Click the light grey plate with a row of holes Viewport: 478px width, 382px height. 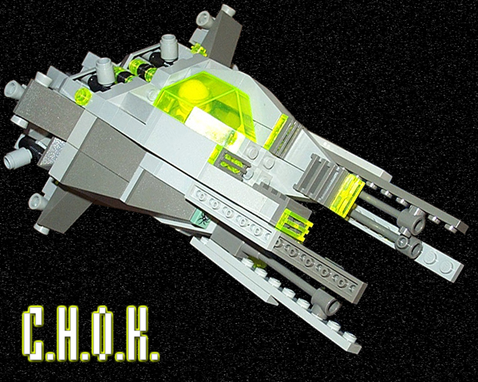click(231, 212)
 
